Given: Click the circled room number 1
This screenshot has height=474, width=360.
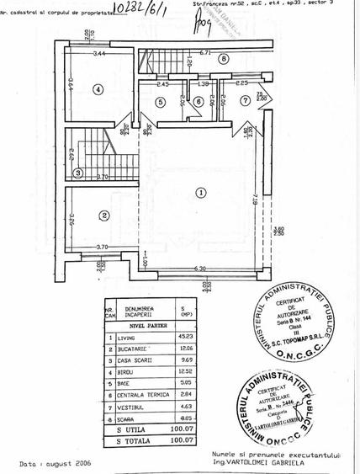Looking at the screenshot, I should (200, 193).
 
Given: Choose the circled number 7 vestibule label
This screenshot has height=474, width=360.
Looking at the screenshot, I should (245, 102).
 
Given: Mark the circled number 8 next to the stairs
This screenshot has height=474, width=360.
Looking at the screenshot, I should (223, 59).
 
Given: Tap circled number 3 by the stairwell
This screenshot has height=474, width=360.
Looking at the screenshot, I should (77, 173).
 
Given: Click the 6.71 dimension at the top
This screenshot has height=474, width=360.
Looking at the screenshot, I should (205, 51).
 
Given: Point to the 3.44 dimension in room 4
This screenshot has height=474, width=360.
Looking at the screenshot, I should (100, 55).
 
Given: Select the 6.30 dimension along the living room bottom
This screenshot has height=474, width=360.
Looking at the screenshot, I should (199, 269).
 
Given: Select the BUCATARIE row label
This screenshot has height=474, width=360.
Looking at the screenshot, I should (135, 348).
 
